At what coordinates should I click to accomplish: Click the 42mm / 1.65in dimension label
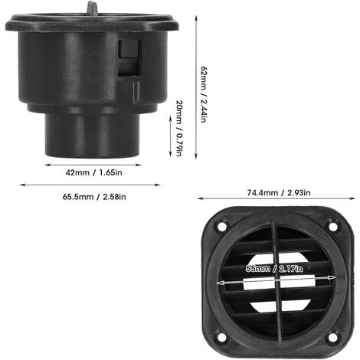coord(91,172)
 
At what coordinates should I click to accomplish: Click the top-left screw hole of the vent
coord(222,227)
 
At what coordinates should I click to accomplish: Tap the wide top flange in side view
coord(91,23)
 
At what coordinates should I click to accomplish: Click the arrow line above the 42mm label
coord(91,162)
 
